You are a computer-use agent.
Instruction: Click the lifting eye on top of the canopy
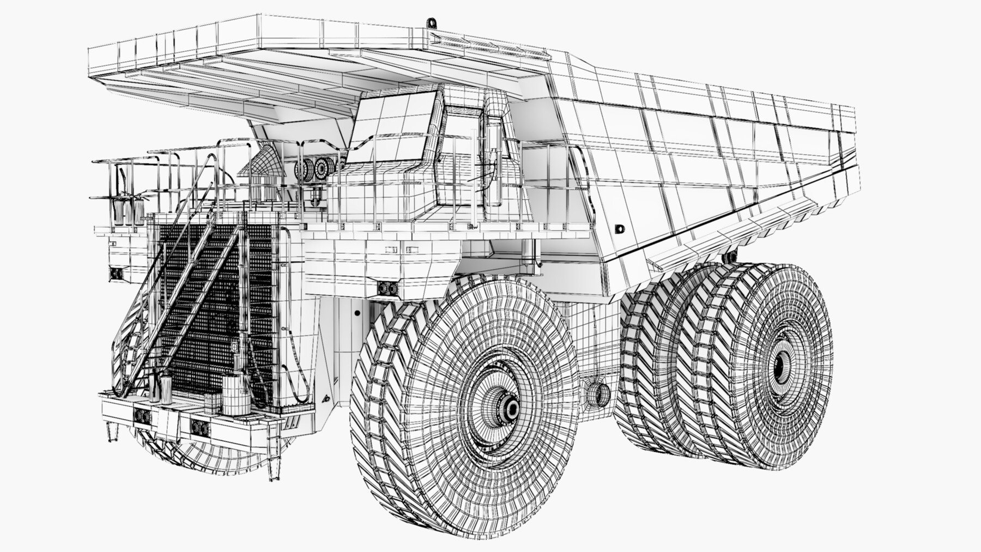point(432,23)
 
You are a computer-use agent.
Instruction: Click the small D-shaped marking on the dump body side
point(618,229)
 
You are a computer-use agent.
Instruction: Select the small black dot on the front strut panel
point(357,313)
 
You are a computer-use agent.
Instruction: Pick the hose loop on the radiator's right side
point(299,371)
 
